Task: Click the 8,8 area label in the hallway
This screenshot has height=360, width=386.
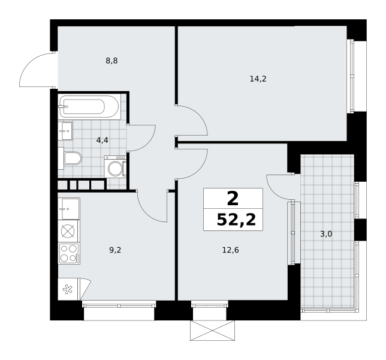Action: [111, 61]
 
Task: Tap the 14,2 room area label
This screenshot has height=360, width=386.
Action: [258, 79]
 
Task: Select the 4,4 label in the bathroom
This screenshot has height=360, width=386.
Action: [102, 140]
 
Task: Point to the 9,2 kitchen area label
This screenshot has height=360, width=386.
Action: [115, 250]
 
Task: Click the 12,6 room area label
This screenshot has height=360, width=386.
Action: [231, 250]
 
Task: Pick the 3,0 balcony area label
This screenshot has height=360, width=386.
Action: [326, 234]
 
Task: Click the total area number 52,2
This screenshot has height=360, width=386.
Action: [236, 220]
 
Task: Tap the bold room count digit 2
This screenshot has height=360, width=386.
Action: [233, 199]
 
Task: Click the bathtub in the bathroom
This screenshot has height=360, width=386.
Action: [90, 107]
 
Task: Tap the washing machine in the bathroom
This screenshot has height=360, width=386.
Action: [115, 166]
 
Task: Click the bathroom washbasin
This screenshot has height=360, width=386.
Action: [65, 131]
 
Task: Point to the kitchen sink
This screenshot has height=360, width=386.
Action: [69, 209]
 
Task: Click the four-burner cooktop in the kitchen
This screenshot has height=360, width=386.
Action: [69, 254]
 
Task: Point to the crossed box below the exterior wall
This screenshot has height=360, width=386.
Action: [212, 331]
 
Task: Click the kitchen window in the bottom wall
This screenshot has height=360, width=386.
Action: [119, 304]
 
